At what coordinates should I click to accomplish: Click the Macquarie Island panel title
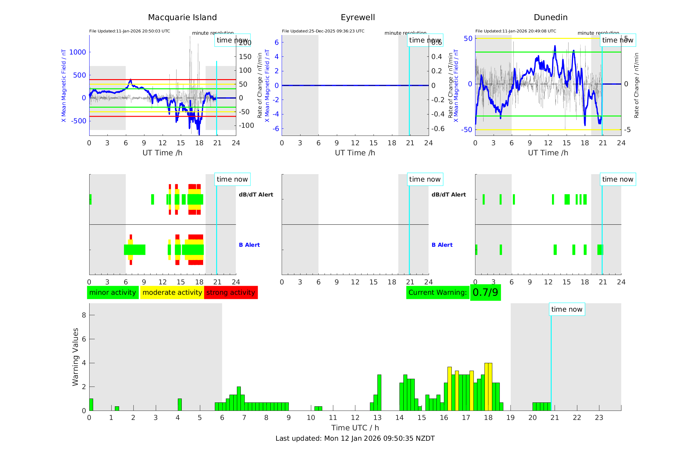tap(182, 18)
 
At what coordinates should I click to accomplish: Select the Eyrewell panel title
tap(358, 18)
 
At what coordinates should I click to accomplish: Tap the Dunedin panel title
tap(550, 18)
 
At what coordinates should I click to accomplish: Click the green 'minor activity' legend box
tap(113, 293)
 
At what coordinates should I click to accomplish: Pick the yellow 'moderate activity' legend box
tap(172, 293)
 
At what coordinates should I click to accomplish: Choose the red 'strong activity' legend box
tap(231, 293)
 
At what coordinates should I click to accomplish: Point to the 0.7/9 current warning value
tap(485, 293)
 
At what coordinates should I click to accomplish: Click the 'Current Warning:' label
tap(437, 293)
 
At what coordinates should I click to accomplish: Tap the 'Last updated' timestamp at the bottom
tap(355, 438)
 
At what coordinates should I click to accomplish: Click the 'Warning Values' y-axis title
tap(76, 357)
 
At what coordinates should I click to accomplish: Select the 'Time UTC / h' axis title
tap(355, 428)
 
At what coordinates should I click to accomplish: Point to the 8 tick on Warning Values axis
tap(84, 315)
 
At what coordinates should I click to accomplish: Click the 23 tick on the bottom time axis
tap(599, 418)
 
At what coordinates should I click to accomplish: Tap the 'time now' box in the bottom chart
tap(567, 309)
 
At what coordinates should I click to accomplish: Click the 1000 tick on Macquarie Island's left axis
tap(78, 52)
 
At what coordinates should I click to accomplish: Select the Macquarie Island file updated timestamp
tap(129, 31)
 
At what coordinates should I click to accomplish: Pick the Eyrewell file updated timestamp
tap(323, 31)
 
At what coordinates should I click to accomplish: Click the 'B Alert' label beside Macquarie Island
tap(249, 245)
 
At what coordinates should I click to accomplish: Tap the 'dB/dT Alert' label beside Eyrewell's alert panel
tap(448, 195)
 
